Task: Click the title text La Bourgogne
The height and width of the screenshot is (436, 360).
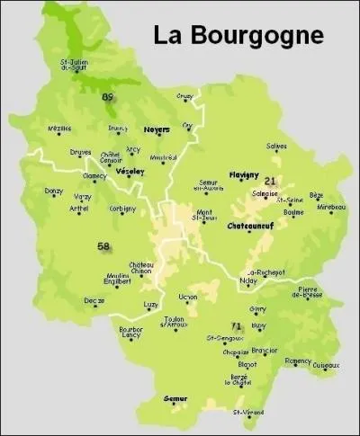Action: (x=238, y=35)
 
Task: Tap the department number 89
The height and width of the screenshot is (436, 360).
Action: (x=108, y=97)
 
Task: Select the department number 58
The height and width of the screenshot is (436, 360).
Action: (x=103, y=245)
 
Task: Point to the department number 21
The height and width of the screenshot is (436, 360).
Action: (x=269, y=181)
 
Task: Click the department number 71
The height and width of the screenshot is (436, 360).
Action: (x=237, y=325)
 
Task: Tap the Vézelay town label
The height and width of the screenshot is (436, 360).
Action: (x=131, y=171)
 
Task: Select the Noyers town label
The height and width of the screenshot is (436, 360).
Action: (x=156, y=129)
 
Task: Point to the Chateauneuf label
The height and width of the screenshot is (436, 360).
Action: (x=250, y=226)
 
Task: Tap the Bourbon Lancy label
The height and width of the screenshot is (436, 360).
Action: (x=131, y=333)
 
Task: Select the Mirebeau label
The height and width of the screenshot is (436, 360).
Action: (x=331, y=207)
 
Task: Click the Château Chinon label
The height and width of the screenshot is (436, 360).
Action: (x=141, y=267)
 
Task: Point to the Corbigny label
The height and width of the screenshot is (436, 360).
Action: (x=122, y=209)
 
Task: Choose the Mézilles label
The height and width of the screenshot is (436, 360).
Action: (x=59, y=129)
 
